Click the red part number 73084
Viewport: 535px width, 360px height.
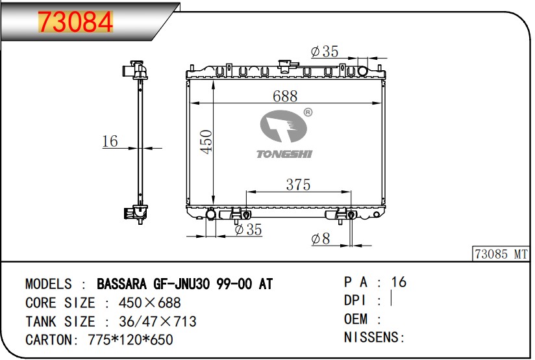coord(75,22)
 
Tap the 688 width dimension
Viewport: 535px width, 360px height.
coord(285,96)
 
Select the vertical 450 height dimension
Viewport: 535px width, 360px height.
coord(206,142)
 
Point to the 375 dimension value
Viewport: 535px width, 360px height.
coord(298,185)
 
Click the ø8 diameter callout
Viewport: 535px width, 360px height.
coord(321,238)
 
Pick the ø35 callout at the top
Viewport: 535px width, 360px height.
coord(325,51)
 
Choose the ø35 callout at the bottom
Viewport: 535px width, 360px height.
coord(249,229)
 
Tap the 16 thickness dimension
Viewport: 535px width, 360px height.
coord(110,142)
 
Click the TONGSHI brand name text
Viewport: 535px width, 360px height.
coord(284,154)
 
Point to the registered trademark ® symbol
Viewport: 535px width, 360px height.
coord(308,112)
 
